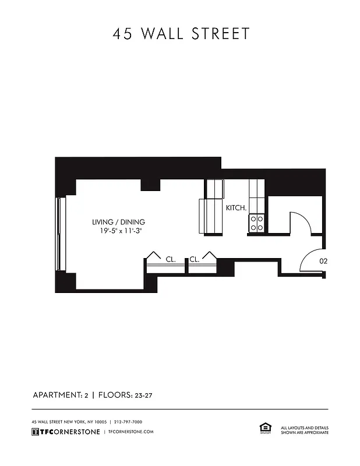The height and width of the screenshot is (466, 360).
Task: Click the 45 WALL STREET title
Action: tap(181, 34)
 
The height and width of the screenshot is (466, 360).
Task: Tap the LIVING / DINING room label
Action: tap(118, 222)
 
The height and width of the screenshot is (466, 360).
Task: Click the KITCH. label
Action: tap(236, 207)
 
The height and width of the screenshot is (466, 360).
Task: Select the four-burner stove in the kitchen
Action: tap(257, 223)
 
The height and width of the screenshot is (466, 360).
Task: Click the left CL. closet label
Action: tap(171, 260)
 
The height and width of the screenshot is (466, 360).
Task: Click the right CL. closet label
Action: tap(195, 260)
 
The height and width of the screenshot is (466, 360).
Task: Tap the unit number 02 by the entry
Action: tap(323, 262)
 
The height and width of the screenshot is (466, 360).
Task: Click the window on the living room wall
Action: tap(58, 234)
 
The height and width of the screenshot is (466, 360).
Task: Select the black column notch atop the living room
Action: tap(151, 185)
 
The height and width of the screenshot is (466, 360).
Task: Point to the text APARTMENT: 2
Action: tap(60, 396)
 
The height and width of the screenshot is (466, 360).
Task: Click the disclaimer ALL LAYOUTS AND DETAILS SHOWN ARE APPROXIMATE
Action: tap(305, 430)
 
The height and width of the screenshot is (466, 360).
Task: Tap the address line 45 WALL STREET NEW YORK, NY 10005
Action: tap(69, 422)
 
